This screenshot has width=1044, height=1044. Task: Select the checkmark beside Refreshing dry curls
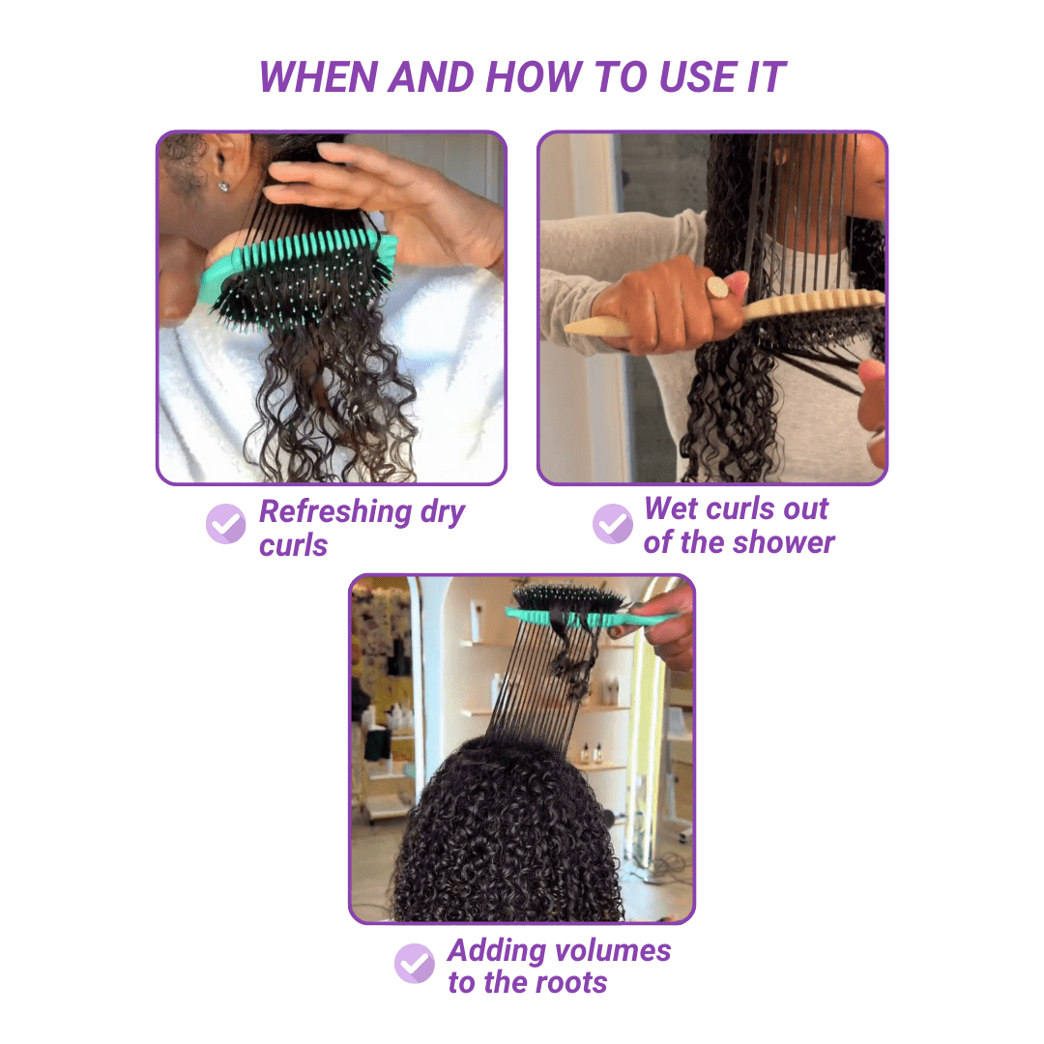click(225, 524)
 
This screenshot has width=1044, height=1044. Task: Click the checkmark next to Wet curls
click(612, 523)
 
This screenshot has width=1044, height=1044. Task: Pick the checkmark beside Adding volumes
click(414, 963)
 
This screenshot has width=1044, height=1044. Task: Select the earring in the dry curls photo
click(222, 187)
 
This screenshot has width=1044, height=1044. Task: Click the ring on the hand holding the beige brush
click(717, 288)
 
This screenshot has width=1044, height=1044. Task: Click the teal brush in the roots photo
click(580, 615)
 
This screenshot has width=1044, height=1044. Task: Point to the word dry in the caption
click(443, 511)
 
